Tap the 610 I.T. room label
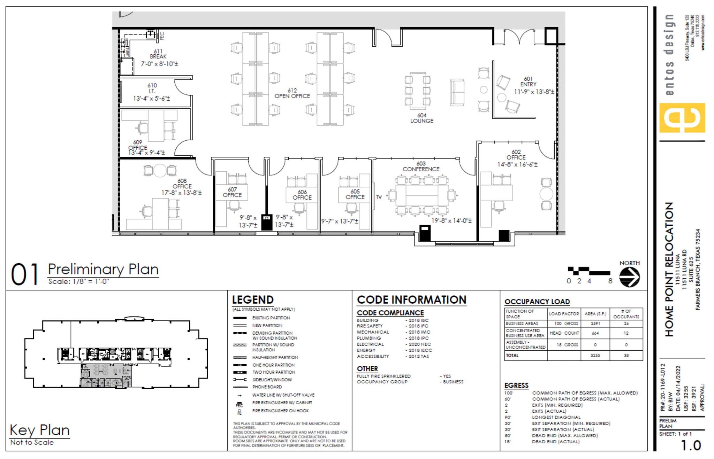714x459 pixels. [152, 91]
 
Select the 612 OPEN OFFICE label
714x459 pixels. [292, 93]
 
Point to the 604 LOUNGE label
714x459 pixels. [421, 118]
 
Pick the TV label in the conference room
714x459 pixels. [379, 197]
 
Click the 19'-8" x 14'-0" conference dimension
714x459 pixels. [451, 221]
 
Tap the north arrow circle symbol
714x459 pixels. [629, 277]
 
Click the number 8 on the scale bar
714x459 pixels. [610, 281]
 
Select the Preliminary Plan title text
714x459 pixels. [103, 269]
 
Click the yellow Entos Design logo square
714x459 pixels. [682, 118]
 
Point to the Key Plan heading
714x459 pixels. [39, 430]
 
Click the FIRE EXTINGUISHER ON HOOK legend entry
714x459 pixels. [281, 411]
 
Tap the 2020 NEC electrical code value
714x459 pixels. [420, 344]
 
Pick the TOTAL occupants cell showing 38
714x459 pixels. [626, 356]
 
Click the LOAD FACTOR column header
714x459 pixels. [564, 314]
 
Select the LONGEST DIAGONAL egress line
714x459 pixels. [556, 417]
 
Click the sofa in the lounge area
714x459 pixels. [457, 92]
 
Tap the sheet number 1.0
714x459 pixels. [691, 445]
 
